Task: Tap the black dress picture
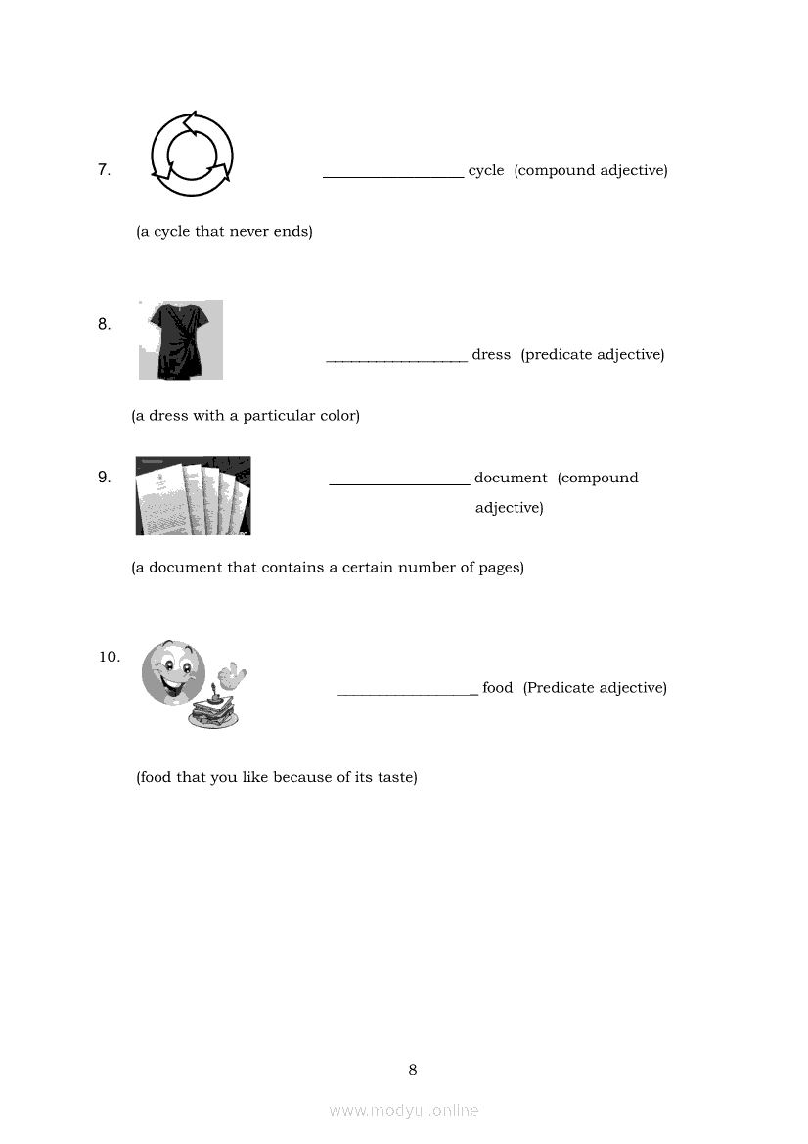(x=181, y=340)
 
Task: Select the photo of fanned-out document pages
(x=193, y=495)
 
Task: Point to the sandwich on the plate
(x=214, y=712)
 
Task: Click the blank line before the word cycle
(x=393, y=176)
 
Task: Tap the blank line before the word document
(x=399, y=482)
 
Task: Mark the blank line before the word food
(x=407, y=693)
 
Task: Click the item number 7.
(x=104, y=170)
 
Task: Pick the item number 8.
(x=104, y=324)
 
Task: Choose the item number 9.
(x=104, y=478)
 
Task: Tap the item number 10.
(x=109, y=657)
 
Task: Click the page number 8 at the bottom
(x=412, y=1070)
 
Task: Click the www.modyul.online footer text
(x=404, y=1110)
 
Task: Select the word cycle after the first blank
(x=486, y=171)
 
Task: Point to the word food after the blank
(x=497, y=688)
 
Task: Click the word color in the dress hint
(x=336, y=416)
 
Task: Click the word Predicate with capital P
(x=559, y=688)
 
